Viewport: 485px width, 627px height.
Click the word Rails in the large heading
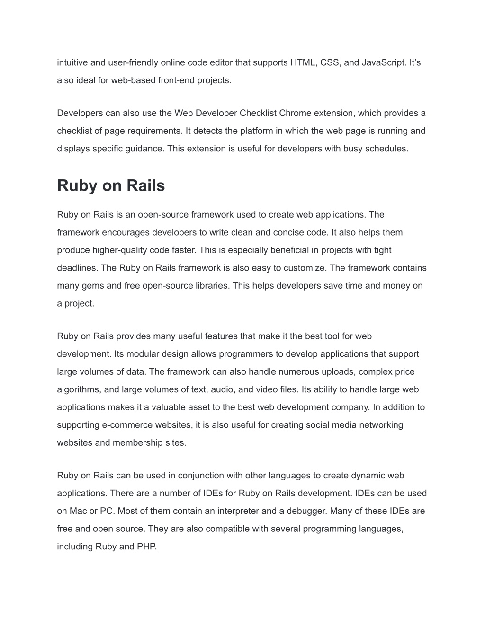(x=144, y=185)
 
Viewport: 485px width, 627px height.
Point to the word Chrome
(x=295, y=113)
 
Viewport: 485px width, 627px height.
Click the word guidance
(x=142, y=149)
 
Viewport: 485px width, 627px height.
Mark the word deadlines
(x=77, y=268)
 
